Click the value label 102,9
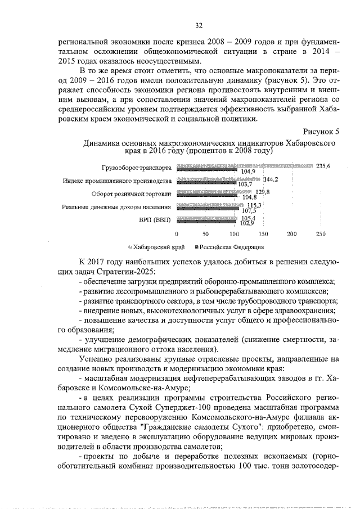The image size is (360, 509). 247,223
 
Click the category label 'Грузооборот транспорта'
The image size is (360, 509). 136,168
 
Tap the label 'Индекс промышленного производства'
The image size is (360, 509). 116,181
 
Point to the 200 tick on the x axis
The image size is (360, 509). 292,233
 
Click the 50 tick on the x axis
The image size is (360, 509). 206,233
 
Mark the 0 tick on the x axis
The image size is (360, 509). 177,233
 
